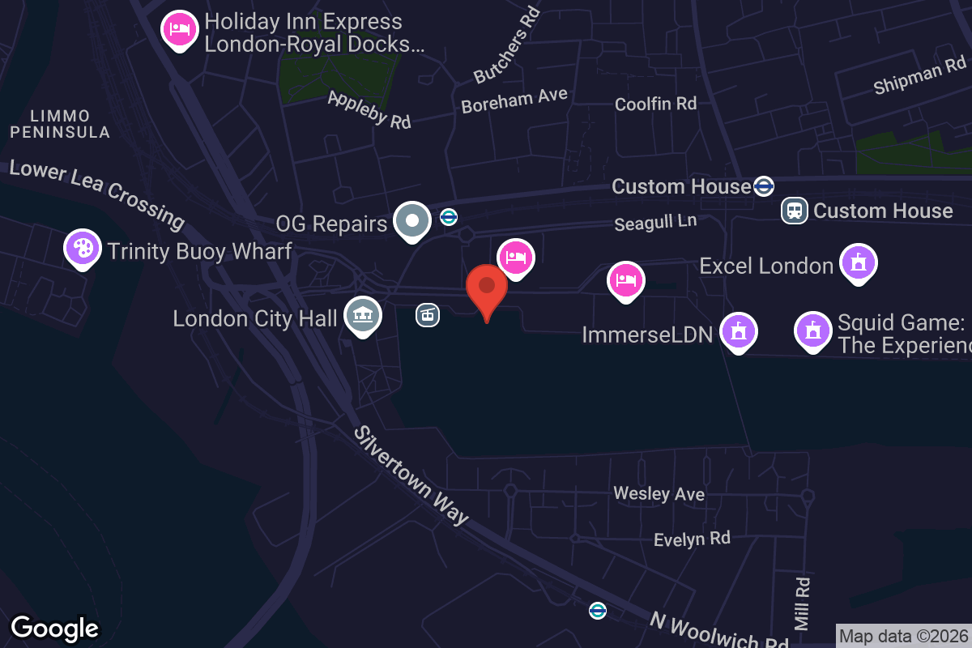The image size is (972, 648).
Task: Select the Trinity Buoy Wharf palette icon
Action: (83, 249)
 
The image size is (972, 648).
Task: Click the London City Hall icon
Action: (362, 315)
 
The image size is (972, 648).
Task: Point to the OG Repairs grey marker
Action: (412, 221)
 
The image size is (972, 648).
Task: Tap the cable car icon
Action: (428, 315)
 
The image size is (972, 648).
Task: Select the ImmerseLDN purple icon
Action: (738, 332)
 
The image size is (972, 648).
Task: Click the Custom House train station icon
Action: (794, 211)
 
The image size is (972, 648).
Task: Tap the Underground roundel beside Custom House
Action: (763, 186)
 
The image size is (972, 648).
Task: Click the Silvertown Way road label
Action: (411, 475)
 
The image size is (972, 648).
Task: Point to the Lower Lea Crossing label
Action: (97, 192)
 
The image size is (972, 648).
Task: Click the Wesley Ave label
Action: (659, 493)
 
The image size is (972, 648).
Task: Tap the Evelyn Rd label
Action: (692, 539)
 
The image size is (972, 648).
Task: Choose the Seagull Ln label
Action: (654, 223)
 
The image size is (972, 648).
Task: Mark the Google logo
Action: (55, 628)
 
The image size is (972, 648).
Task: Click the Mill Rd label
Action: (802, 603)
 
